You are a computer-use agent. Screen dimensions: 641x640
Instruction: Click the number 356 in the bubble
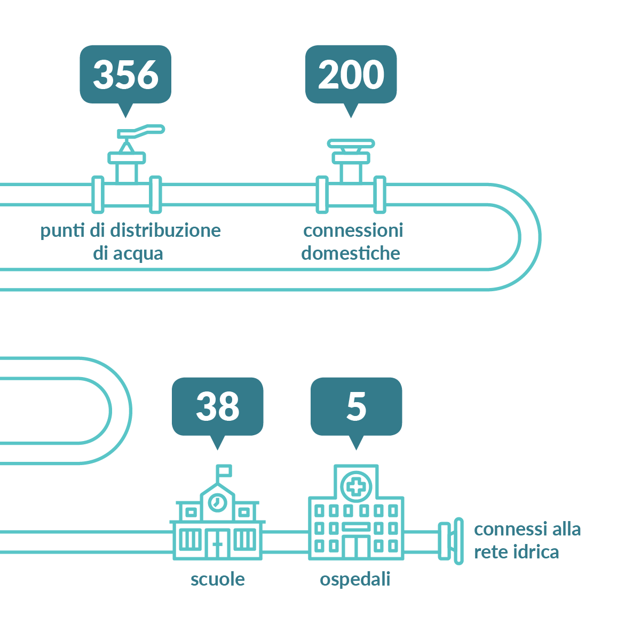coord(125,75)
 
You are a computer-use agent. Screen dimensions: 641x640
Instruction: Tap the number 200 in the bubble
coord(351,75)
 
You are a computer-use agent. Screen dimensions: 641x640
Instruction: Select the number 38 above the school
coord(218,406)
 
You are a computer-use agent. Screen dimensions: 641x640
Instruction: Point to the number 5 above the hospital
coord(356,406)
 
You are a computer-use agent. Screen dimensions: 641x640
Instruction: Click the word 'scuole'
coord(218,580)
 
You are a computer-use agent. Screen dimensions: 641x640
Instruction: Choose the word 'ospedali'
coord(355,580)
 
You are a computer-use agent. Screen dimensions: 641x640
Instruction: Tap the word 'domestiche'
coord(351,253)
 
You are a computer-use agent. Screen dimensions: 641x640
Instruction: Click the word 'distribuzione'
coord(165,230)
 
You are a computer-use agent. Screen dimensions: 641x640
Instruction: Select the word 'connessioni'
coord(353,230)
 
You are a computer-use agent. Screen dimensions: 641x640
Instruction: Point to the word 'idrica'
coord(536,552)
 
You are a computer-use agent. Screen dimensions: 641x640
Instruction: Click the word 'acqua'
coord(138,254)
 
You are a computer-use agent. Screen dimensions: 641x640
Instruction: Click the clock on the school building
coord(218,502)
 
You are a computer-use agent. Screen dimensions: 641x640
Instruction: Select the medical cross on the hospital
coord(356,487)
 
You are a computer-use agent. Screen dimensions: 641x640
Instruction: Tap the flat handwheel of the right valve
coord(351,143)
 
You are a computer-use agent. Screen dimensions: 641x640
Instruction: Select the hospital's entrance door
coord(356,546)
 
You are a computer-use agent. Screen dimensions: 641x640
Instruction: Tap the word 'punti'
coord(62,231)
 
